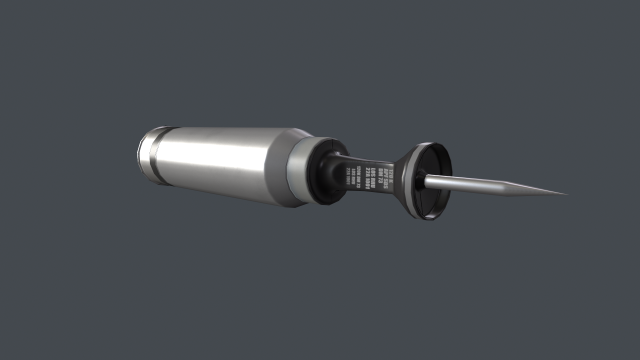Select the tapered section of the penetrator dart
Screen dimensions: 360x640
tap(535, 189)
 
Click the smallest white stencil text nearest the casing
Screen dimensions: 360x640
tap(351, 177)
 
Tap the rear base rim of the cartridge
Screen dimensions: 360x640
tap(142, 155)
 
